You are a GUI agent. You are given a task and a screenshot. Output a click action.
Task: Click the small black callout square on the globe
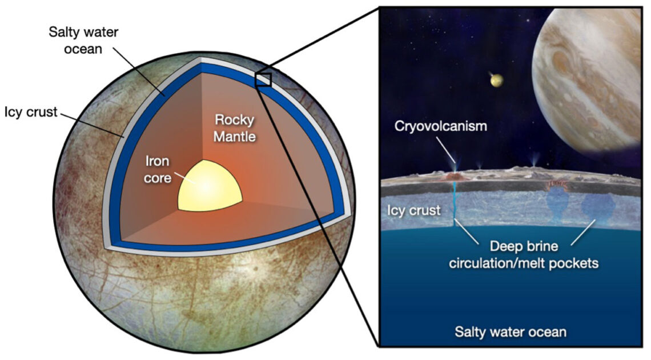pos(263,79)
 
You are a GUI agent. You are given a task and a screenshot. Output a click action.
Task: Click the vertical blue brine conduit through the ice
pos(455,206)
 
